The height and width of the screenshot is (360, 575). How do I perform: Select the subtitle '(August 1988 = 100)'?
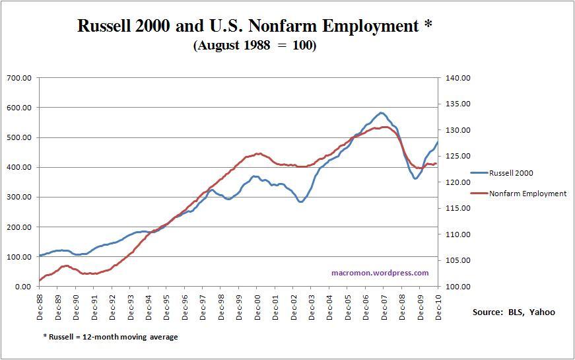(x=254, y=46)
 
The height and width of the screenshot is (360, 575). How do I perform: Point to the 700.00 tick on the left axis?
(x=19, y=78)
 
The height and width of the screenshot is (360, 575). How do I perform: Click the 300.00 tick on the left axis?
(x=19, y=197)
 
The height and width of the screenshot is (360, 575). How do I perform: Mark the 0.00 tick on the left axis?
(x=23, y=287)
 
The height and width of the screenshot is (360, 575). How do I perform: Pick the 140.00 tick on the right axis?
(x=457, y=78)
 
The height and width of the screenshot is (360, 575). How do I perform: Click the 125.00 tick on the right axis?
(x=457, y=156)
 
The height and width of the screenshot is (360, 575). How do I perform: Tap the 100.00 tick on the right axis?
(x=457, y=287)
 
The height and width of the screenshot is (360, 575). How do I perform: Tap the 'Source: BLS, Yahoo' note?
(x=514, y=312)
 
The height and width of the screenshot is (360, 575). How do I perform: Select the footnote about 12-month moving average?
(x=110, y=337)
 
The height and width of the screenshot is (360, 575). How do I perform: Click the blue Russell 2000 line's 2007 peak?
(x=382, y=113)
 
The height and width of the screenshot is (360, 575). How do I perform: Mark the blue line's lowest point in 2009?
(x=415, y=178)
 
